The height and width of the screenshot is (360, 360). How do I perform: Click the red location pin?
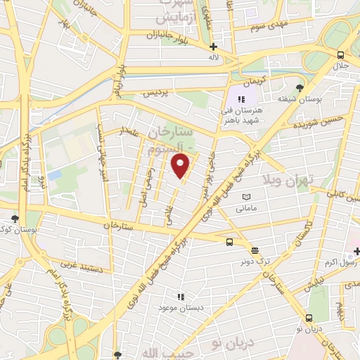pyautogui.click(x=181, y=167)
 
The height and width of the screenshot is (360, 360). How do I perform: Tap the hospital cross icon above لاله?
pyautogui.click(x=212, y=46)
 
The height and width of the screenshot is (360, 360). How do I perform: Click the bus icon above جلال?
pyautogui.click(x=340, y=56)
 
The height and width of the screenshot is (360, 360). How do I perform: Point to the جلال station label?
pyautogui.click(x=341, y=66)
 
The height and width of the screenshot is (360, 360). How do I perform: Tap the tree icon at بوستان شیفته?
pyautogui.click(x=300, y=88)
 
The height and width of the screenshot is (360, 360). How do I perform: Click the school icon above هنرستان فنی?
pyautogui.click(x=241, y=100)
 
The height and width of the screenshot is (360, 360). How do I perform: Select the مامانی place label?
pyautogui.click(x=245, y=208)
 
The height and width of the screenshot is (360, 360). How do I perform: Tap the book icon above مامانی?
pyautogui.click(x=245, y=198)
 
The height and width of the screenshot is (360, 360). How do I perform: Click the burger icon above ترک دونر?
pyautogui.click(x=254, y=250)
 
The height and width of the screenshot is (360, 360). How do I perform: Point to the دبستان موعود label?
pyautogui.click(x=181, y=308)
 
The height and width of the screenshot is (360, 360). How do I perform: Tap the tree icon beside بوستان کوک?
pyautogui.click(x=15, y=218)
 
